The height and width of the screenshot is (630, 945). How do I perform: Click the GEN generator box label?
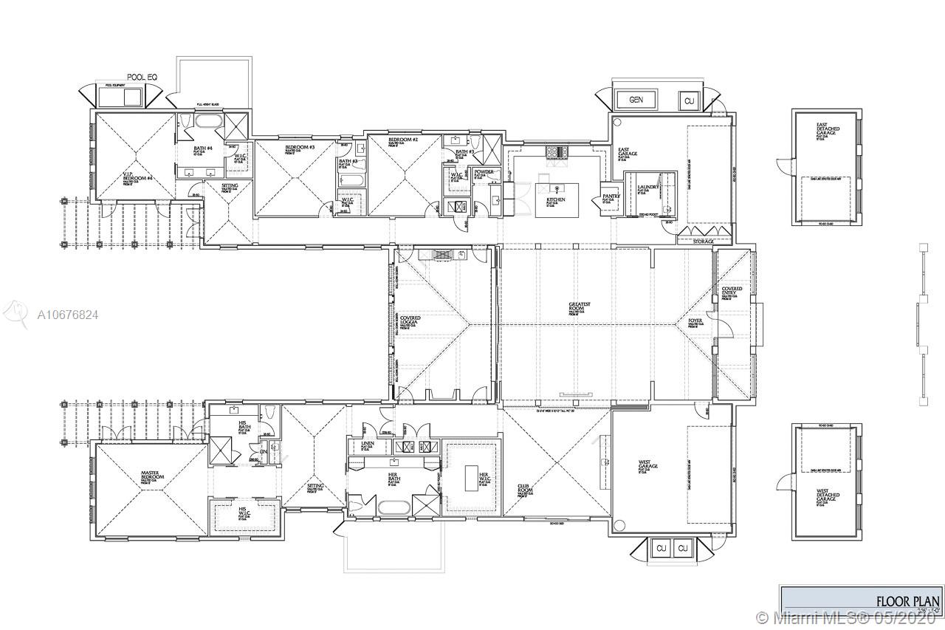point(635,100)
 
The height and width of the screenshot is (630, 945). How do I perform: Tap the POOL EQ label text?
point(139,77)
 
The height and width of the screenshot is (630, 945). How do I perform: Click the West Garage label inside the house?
point(648,465)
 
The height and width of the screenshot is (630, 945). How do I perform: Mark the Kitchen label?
point(556,200)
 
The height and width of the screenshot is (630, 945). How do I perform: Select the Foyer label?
point(695,321)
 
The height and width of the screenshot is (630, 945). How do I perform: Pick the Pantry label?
point(610,196)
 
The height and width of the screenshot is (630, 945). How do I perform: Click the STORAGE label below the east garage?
point(703,242)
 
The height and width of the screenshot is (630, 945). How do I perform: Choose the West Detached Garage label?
point(827,495)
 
